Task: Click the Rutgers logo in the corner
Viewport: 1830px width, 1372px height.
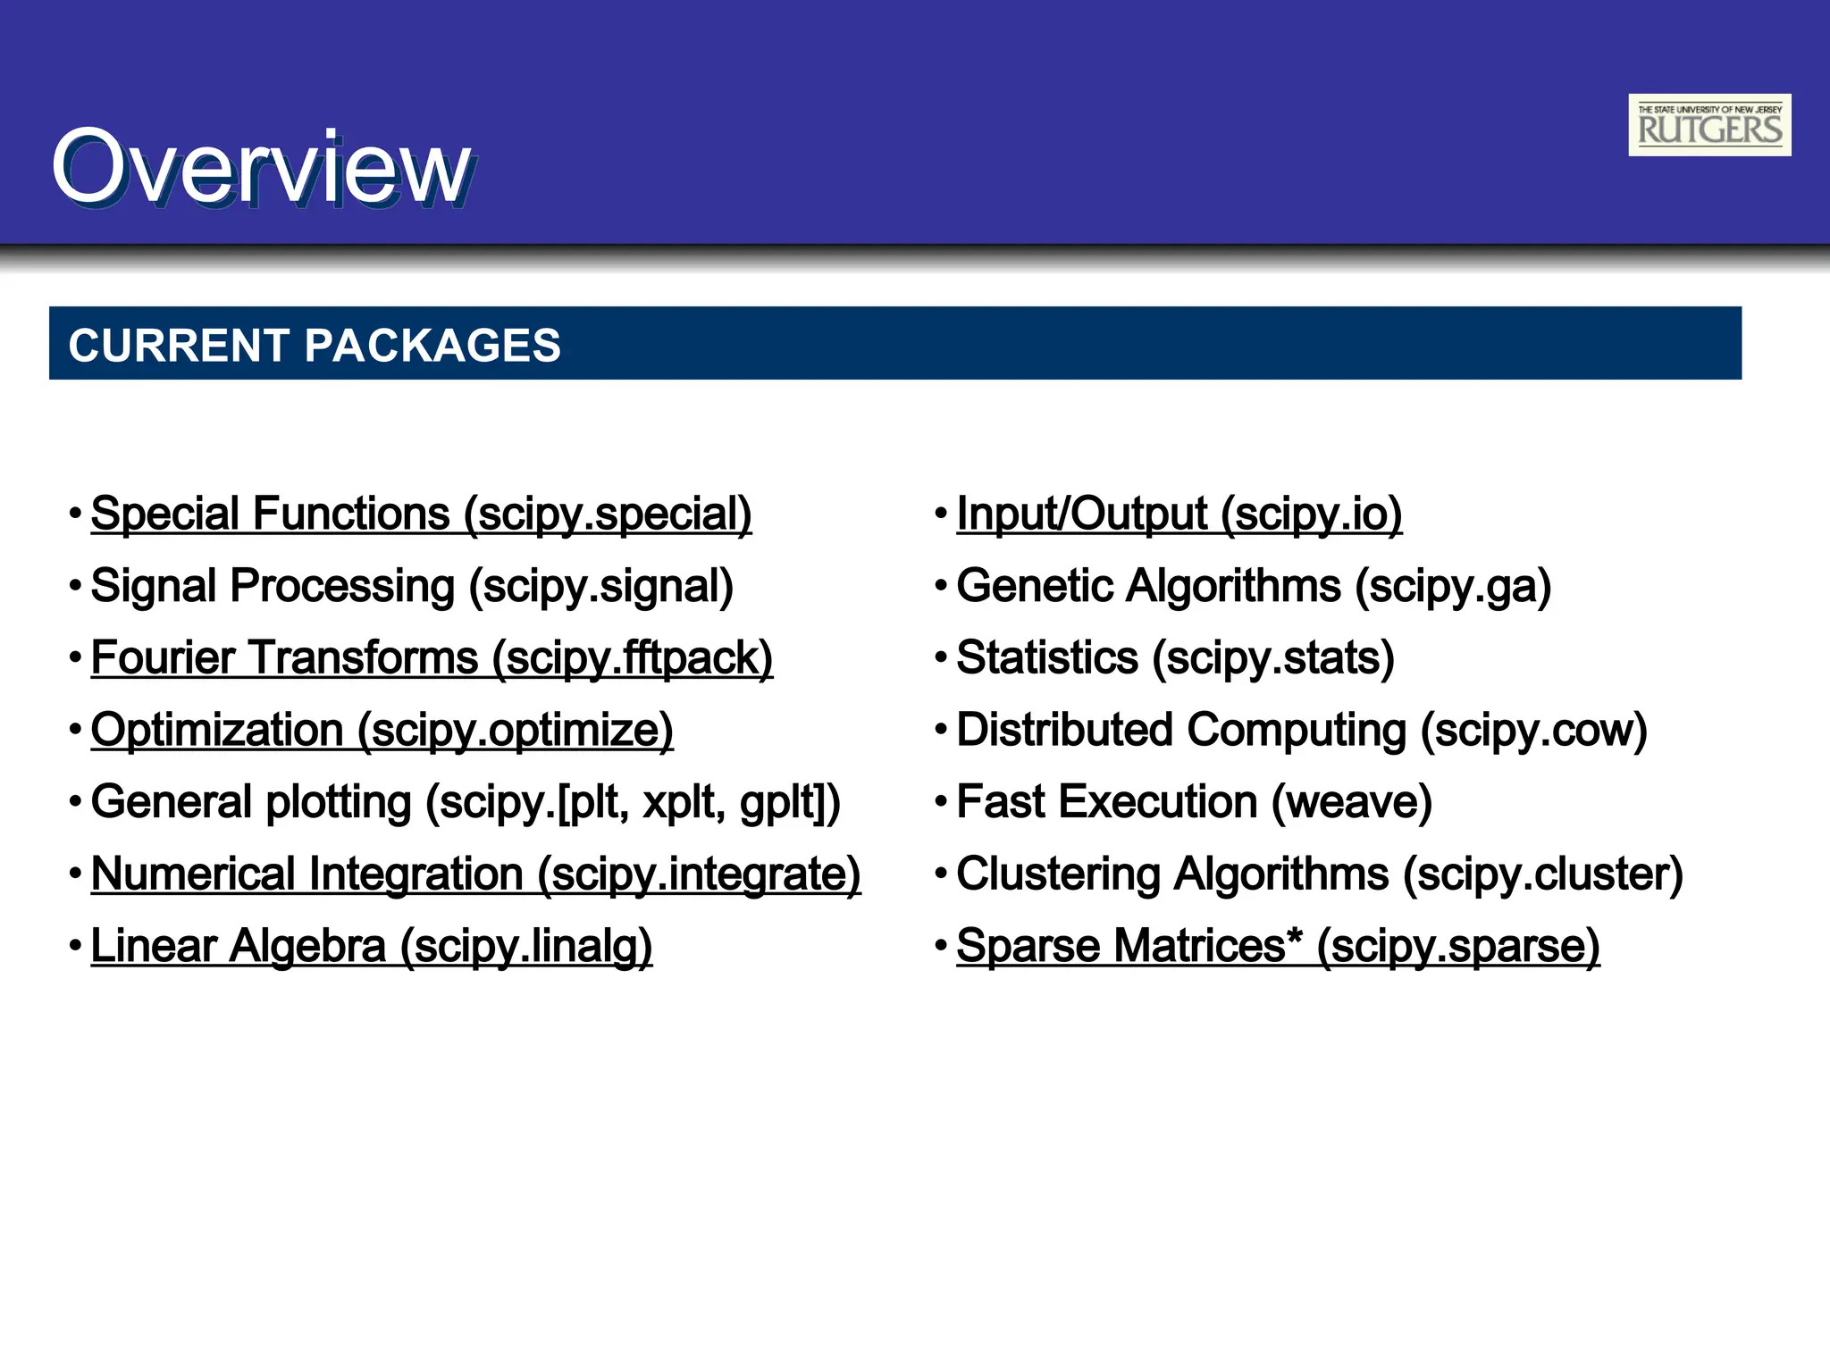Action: pos(1708,125)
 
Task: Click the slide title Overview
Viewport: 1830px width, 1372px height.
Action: pos(260,168)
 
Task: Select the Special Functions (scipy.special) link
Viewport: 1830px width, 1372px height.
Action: pos(421,514)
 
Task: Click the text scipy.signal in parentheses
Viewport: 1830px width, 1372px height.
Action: pos(601,587)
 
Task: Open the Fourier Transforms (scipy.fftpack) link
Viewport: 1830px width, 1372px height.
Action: pos(432,659)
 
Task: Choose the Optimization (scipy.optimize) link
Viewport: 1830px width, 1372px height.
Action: pos(382,731)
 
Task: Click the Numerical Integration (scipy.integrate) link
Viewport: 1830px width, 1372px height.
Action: pos(475,874)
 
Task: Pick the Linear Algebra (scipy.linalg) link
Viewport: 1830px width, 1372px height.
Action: pos(371,947)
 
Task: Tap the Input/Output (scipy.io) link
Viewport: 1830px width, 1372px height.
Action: pos(1179,514)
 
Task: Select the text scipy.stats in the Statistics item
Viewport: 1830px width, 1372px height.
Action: pos(1273,659)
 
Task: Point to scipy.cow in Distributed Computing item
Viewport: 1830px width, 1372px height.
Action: pos(1533,731)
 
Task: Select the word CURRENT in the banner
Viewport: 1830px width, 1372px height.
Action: pos(179,346)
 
